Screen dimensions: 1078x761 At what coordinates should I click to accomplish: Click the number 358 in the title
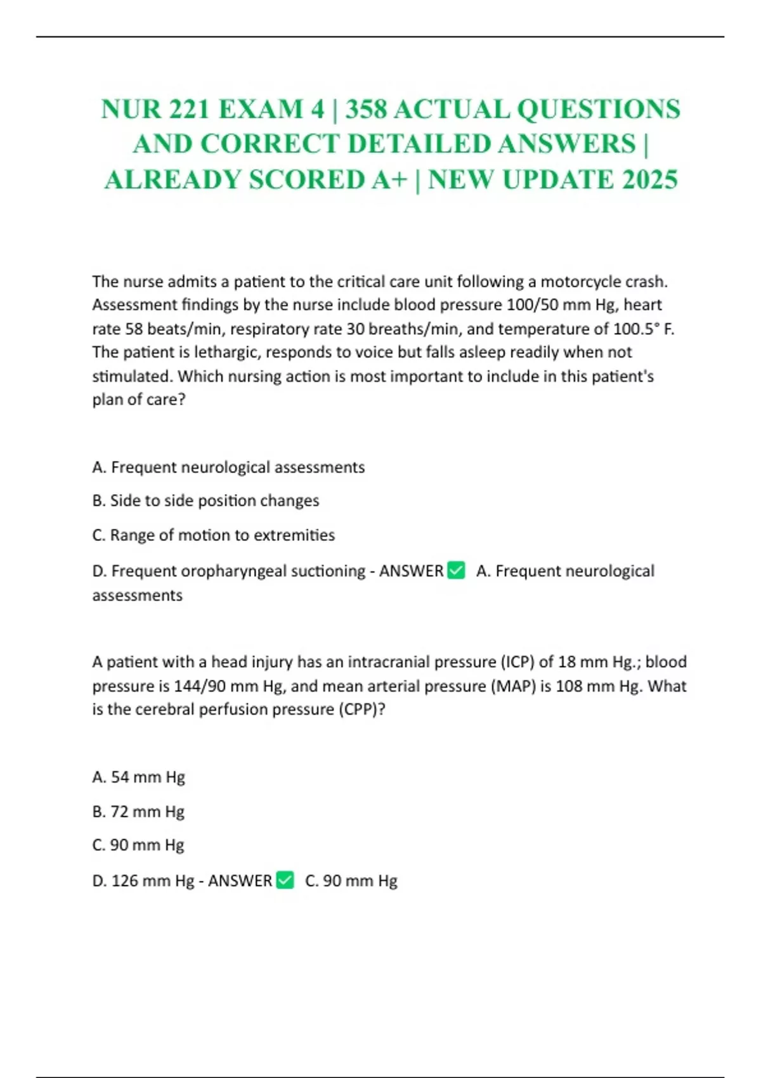click(366, 109)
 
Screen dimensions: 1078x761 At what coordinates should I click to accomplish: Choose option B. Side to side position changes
click(205, 501)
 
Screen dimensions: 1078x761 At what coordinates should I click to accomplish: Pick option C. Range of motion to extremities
click(213, 535)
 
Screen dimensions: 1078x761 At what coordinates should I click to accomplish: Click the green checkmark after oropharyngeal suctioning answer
click(456, 570)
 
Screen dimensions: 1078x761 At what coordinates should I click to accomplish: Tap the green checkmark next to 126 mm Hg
click(285, 880)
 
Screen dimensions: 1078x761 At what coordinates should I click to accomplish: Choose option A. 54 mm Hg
click(138, 777)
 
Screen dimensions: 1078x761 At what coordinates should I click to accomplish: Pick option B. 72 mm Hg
click(138, 812)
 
